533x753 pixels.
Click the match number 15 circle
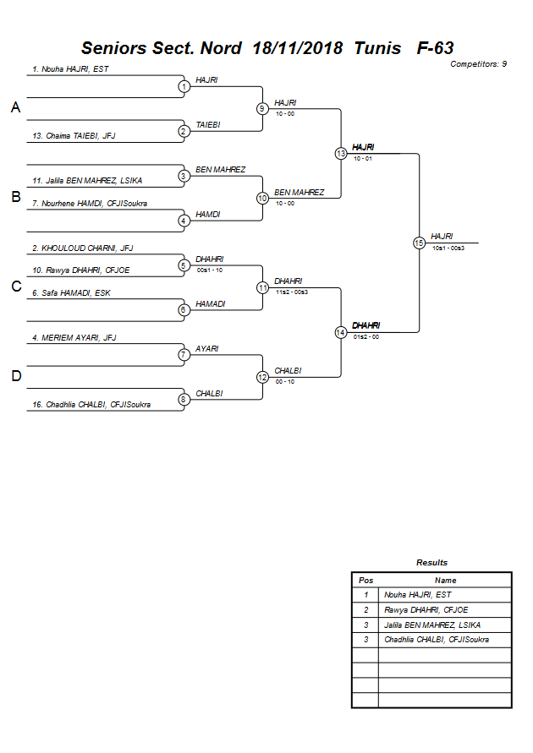click(419, 243)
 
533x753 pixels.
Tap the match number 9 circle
click(263, 108)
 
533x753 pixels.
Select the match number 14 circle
click(341, 332)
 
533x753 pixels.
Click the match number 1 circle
click(184, 86)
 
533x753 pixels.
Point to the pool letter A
click(15, 107)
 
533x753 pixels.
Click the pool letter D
click(15, 376)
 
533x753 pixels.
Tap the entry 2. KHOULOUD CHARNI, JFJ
click(82, 248)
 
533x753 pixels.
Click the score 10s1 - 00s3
click(448, 248)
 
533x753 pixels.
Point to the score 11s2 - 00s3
click(292, 292)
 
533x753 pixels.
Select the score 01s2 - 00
click(365, 336)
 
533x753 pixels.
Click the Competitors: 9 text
click(478, 64)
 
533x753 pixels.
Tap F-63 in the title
click(436, 48)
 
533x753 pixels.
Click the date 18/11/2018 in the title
click(298, 48)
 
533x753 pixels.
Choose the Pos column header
click(365, 581)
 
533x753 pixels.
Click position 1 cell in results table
click(365, 595)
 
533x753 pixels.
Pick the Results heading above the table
click(431, 563)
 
